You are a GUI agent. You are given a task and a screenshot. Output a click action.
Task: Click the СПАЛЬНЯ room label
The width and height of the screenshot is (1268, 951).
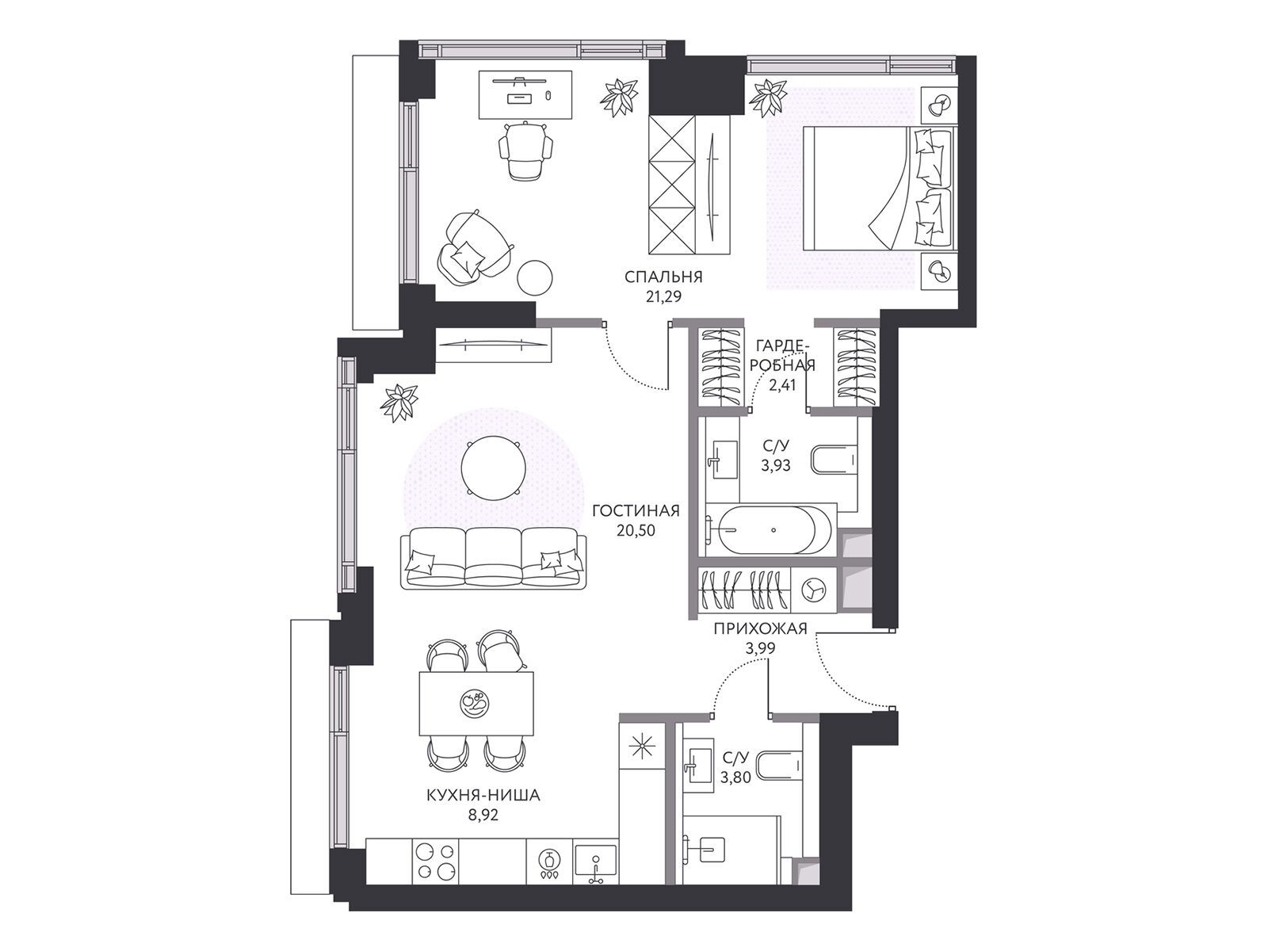click(663, 277)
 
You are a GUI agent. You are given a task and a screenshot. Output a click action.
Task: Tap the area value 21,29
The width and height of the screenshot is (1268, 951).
click(663, 296)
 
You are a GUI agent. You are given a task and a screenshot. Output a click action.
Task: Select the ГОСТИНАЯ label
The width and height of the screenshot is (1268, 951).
click(636, 511)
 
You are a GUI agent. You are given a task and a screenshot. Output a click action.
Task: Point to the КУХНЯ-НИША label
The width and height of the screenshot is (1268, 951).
click(483, 796)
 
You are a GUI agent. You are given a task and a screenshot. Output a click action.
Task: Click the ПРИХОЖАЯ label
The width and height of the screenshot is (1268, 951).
click(760, 628)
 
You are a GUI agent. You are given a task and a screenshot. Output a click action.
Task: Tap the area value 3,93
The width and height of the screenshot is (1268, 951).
click(775, 465)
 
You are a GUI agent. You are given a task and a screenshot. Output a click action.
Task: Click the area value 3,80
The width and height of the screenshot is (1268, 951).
click(735, 777)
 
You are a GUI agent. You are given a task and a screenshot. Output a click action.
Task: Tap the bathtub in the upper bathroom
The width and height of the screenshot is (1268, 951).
click(769, 529)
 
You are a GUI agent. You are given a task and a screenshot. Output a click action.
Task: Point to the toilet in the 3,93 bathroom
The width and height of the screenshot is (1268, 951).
click(835, 461)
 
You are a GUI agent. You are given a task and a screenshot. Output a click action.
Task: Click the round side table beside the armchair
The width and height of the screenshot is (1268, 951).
click(534, 279)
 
